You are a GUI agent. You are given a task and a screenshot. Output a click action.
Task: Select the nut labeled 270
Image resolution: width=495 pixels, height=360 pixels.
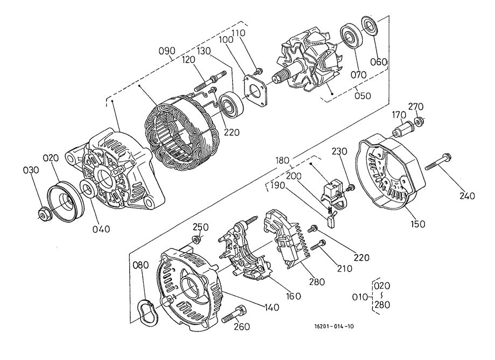[x=419, y=122]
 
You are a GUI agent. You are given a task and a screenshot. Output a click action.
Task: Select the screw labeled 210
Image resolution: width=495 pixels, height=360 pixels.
[x=317, y=246]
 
